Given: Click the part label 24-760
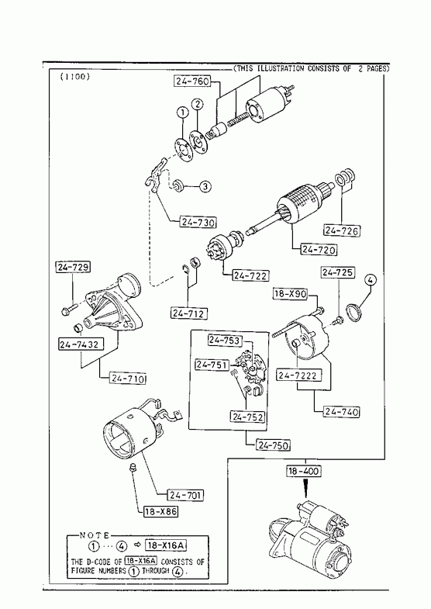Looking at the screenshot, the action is pyautogui.click(x=192, y=81).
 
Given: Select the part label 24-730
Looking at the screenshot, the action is pyautogui.click(x=198, y=223).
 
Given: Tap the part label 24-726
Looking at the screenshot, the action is pyautogui.click(x=341, y=230).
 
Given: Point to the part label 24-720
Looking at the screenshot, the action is pyautogui.click(x=319, y=250).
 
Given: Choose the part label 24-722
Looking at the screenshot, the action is pyautogui.click(x=250, y=275).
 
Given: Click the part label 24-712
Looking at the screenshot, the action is pyautogui.click(x=189, y=313).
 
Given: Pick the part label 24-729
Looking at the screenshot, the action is pyautogui.click(x=73, y=267).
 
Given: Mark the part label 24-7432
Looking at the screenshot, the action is pyautogui.click(x=81, y=344).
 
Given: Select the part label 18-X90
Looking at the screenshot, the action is pyautogui.click(x=290, y=293).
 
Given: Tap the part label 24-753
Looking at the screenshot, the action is pyautogui.click(x=225, y=341).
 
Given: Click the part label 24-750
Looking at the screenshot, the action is pyautogui.click(x=273, y=445).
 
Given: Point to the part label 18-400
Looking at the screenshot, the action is pyautogui.click(x=304, y=472).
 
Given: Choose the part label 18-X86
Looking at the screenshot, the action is pyautogui.click(x=160, y=511).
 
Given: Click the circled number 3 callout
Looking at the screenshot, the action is pyautogui.click(x=205, y=187).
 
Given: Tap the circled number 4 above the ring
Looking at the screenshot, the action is pyautogui.click(x=370, y=279).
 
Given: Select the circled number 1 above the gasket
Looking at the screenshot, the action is pyautogui.click(x=182, y=112).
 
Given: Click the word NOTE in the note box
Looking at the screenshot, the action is pyautogui.click(x=95, y=535).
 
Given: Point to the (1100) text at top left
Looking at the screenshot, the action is pyautogui.click(x=75, y=77).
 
